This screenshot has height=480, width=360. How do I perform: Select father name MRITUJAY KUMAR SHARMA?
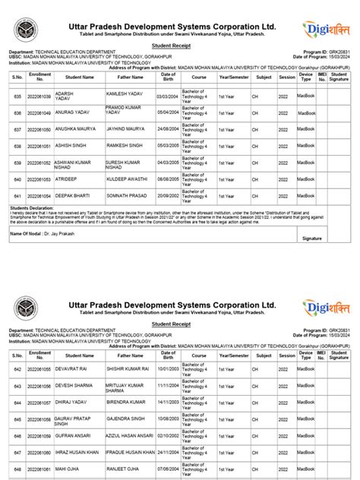pos(125,387)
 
